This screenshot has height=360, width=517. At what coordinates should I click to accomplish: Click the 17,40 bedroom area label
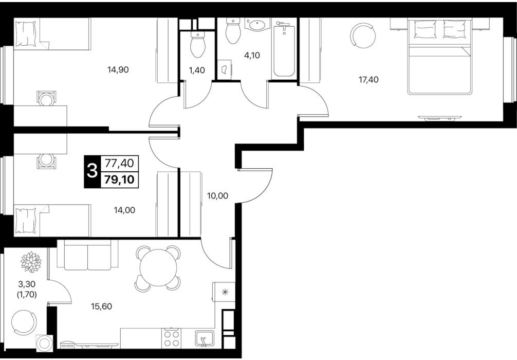click(368, 80)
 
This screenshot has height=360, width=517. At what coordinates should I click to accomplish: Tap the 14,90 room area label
click(118, 69)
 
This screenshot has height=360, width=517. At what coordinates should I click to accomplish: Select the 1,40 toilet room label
click(197, 70)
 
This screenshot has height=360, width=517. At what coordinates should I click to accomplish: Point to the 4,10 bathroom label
click(252, 56)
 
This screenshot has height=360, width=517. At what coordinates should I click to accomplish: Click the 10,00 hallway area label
click(217, 195)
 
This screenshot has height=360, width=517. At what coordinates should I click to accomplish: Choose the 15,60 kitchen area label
click(102, 307)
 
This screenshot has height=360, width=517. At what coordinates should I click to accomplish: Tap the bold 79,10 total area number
click(119, 179)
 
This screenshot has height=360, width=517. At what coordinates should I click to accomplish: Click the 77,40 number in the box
click(119, 163)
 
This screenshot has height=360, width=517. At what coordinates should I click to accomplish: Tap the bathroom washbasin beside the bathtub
click(257, 25)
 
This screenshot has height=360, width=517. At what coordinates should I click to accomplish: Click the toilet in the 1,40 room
click(198, 48)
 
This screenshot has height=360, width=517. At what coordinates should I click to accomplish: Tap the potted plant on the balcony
click(31, 262)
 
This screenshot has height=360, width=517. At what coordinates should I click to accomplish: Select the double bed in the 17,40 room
click(438, 57)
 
